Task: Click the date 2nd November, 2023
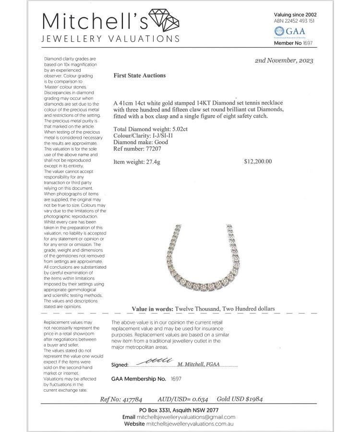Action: tap(284, 61)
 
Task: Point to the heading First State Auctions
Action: tap(140, 75)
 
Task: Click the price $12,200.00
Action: tap(258, 161)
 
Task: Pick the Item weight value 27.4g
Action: tap(151, 162)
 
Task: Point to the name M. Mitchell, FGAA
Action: tap(198, 364)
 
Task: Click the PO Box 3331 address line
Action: tap(179, 410)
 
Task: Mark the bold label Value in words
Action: tap(153, 309)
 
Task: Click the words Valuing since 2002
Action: tap(295, 14)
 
